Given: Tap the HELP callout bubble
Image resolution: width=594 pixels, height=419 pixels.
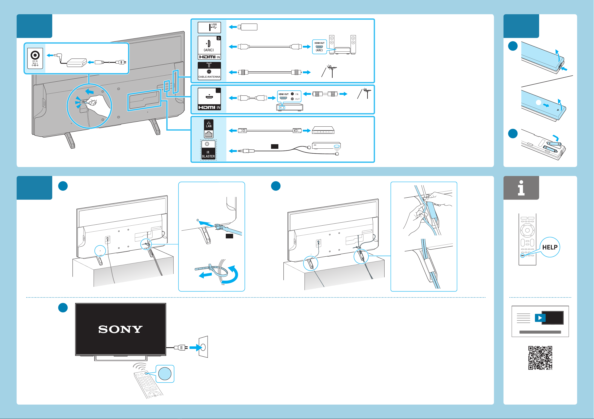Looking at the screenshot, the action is pos(550,247).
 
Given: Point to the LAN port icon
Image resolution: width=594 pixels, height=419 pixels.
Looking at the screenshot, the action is pos(209,129).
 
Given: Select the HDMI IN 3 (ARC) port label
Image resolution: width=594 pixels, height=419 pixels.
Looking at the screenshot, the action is pos(209,48).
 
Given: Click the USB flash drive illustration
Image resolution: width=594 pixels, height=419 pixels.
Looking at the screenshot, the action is pos(248,27).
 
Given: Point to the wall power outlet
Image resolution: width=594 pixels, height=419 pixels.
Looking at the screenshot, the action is pos(203,347).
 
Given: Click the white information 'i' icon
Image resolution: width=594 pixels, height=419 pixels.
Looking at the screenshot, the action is pos(521,188).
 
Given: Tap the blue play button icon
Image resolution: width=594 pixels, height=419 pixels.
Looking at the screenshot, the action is pos(540,318).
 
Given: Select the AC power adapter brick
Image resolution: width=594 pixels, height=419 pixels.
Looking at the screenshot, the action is pos(77,63).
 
